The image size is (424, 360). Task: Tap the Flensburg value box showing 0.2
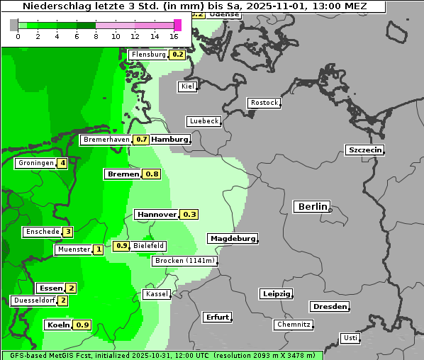pyautogui.click(x=177, y=55)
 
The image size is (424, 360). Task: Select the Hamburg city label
pyautogui.click(x=170, y=140)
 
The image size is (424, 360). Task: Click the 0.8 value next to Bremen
pyautogui.click(x=152, y=174)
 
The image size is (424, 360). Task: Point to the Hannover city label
pyautogui.click(x=156, y=214)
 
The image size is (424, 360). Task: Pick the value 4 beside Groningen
pyautogui.click(x=62, y=163)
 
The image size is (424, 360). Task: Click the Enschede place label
pyautogui.click(x=42, y=232)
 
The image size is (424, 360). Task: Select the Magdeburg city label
pyautogui.click(x=233, y=239)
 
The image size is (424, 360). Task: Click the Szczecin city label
pyautogui.click(x=365, y=150)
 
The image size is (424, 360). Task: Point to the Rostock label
pyautogui.click(x=264, y=103)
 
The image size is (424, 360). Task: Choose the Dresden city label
pyautogui.click(x=329, y=307)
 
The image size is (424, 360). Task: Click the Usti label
pyautogui.click(x=350, y=338)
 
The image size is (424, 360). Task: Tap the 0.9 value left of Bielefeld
pyautogui.click(x=121, y=246)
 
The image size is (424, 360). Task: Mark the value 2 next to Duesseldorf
pyautogui.click(x=63, y=300)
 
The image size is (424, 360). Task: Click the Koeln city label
pyautogui.click(x=58, y=325)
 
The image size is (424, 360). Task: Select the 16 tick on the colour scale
pyautogui.click(x=174, y=36)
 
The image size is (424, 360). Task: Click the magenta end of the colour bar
pyautogui.click(x=177, y=25)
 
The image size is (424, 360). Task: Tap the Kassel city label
pyautogui.click(x=157, y=294)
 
